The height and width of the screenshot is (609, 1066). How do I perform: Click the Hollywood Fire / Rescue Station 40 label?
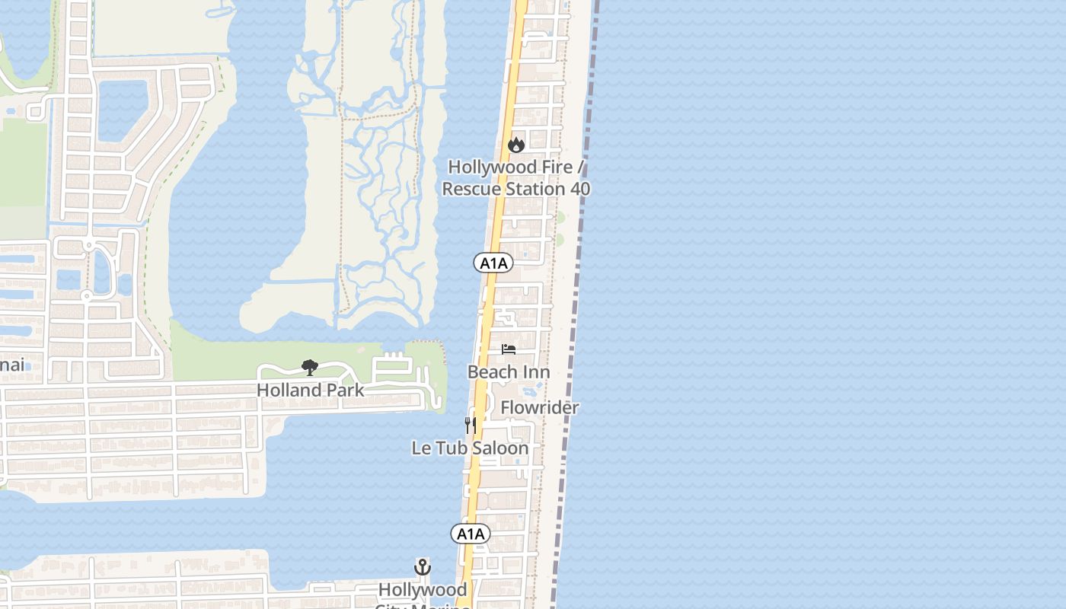(x=516, y=177)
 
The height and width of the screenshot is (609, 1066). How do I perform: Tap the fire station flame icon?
(x=516, y=145)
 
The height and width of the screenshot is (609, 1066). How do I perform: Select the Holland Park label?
(x=310, y=390)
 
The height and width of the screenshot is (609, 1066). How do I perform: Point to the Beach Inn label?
(x=509, y=372)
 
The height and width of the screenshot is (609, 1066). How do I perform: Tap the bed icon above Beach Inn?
(x=509, y=349)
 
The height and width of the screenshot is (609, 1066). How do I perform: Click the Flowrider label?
(x=540, y=408)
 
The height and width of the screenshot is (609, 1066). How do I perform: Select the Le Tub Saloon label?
(x=470, y=448)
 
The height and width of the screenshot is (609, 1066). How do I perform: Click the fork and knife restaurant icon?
(x=471, y=425)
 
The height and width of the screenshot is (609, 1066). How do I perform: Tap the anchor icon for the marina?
(x=422, y=567)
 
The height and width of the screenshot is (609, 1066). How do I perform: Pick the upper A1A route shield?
(x=493, y=263)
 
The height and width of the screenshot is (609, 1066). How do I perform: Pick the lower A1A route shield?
(x=471, y=534)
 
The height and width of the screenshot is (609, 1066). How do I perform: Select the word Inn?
(x=537, y=372)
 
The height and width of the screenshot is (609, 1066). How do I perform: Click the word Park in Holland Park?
(x=343, y=390)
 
